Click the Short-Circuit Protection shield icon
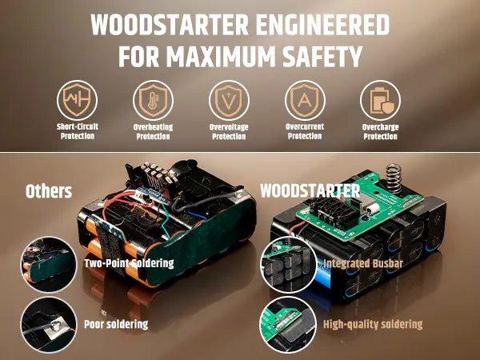(77, 100)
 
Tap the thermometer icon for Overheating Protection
(153, 100)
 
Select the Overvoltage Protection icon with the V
(229, 100)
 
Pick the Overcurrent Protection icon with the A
(305, 100)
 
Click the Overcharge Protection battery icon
(380, 100)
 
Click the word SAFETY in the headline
(322, 57)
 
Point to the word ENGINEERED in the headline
(322, 25)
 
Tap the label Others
(49, 191)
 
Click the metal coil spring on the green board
(394, 178)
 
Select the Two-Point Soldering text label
(129, 263)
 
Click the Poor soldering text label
(116, 325)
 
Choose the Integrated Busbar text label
(362, 263)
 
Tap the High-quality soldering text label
(373, 325)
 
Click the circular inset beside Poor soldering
(48, 325)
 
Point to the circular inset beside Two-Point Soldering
(48, 265)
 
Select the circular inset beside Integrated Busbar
(288, 265)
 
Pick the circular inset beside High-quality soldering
(288, 325)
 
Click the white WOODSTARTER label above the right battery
(310, 191)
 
